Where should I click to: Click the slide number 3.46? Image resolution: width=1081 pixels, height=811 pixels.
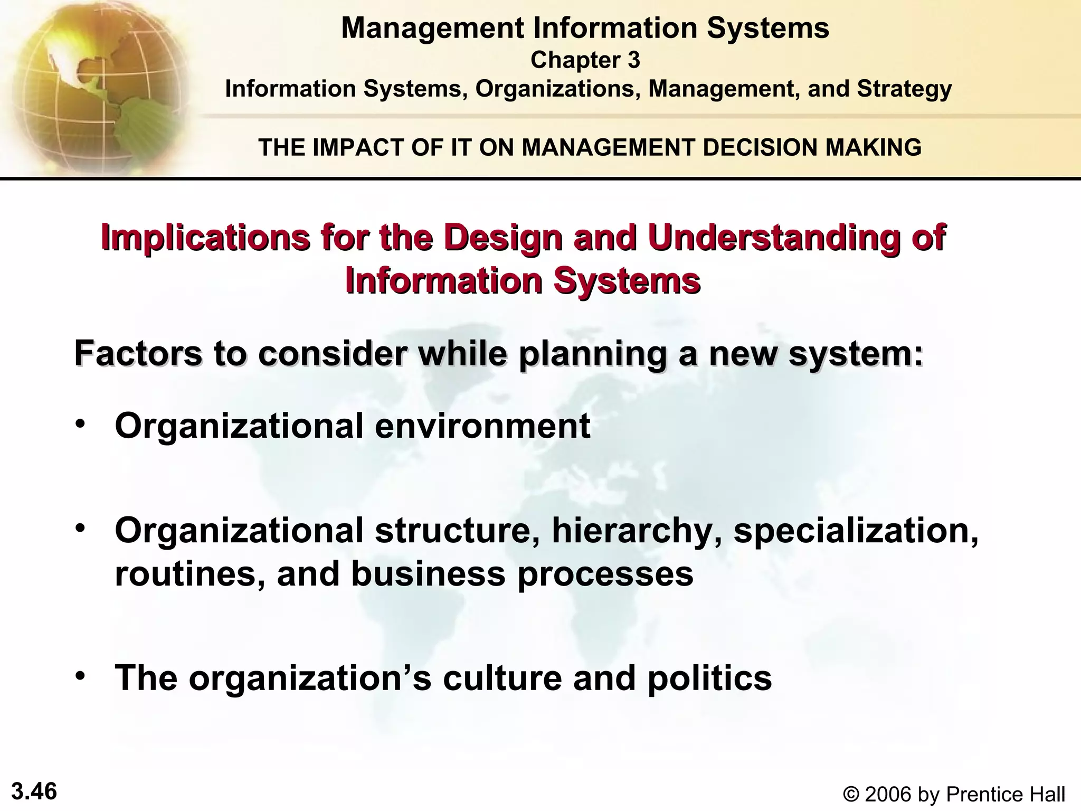click(x=34, y=791)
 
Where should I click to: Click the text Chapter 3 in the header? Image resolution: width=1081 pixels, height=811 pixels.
click(x=585, y=60)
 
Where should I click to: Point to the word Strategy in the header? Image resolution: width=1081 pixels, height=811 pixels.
click(x=904, y=89)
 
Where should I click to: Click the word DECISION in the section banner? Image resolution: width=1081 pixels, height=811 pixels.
click(x=761, y=147)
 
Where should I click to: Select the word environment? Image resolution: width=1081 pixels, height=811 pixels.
click(x=482, y=426)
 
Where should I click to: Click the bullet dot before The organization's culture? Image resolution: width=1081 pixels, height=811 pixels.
click(x=80, y=676)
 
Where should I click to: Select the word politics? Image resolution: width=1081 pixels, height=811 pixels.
click(x=709, y=678)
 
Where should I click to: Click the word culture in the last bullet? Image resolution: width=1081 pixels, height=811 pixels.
click(x=502, y=678)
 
